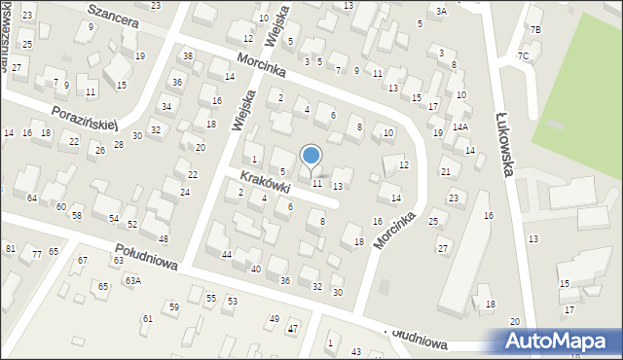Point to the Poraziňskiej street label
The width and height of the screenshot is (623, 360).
86,115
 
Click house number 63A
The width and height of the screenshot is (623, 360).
132,281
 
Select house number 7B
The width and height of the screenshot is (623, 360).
534,30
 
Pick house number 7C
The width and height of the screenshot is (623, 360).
523,55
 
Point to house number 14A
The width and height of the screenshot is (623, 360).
459,126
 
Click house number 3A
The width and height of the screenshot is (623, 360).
441,11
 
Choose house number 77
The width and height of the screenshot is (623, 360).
37,254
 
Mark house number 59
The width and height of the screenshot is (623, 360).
174,306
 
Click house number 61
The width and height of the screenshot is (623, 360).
148,318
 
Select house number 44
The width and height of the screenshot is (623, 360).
226,254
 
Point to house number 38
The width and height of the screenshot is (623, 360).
188,55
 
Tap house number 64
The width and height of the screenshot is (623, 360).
32,198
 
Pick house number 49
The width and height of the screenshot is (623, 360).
274,318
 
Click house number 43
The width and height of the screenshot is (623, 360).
356,351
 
